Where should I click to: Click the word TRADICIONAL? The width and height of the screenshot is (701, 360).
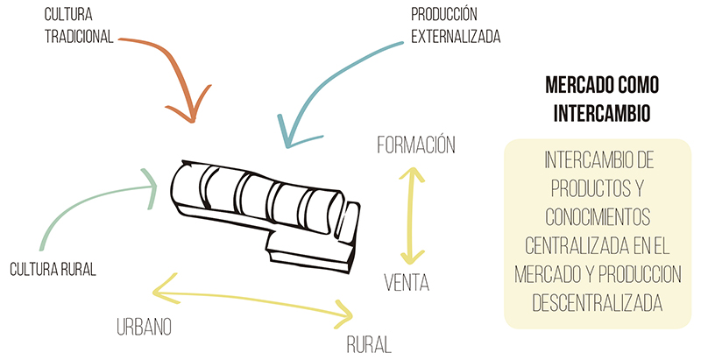coord(79,37)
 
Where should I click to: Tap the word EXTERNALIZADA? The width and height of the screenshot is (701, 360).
coord(456,37)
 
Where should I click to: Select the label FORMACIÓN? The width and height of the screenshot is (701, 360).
coord(416,145)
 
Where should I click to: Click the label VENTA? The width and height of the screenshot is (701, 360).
coord(407,282)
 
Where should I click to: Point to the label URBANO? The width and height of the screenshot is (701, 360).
coord(144,327)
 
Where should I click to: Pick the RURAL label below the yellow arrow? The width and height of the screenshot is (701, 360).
coord(369,344)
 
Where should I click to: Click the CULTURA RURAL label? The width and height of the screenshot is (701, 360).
coord(53,269)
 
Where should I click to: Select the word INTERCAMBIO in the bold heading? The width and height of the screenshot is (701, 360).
coord(602,114)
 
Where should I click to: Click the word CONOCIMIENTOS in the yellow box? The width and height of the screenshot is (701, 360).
coord(598,217)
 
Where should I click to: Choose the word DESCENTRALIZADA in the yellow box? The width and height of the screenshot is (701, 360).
coord(598,302)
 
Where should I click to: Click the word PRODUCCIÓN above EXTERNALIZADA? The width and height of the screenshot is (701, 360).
coord(444,14)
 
